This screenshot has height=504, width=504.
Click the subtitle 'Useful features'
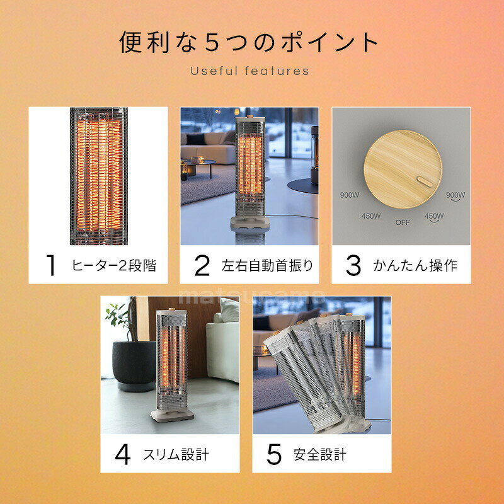[x=249, y=71]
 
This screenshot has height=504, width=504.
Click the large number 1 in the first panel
[x=51, y=265]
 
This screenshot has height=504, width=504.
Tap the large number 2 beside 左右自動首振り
[x=202, y=265]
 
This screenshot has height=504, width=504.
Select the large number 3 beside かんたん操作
[x=353, y=265]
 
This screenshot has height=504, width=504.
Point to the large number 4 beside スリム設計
[x=123, y=454]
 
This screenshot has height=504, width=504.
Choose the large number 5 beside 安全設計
[x=274, y=454]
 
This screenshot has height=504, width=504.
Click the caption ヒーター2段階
[x=114, y=265]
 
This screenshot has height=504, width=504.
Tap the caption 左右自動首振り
[x=267, y=265]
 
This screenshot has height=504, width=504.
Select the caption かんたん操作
[x=415, y=265]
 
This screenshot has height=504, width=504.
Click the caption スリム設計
[x=176, y=454]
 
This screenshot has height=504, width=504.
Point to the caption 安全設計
[x=320, y=454]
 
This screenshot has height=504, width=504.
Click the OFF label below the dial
[x=403, y=222]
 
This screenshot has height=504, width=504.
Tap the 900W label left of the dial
[x=350, y=195]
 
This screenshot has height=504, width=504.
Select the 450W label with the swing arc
[x=434, y=217]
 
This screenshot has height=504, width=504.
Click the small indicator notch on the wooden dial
[x=424, y=181]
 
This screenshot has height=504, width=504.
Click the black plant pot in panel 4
[x=134, y=365]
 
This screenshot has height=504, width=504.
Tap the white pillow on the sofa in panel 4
[x=229, y=310]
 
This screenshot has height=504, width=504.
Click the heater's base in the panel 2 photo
[x=250, y=222]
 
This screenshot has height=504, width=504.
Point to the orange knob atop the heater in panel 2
[x=249, y=116]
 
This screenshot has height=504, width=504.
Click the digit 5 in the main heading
[x=212, y=42]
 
